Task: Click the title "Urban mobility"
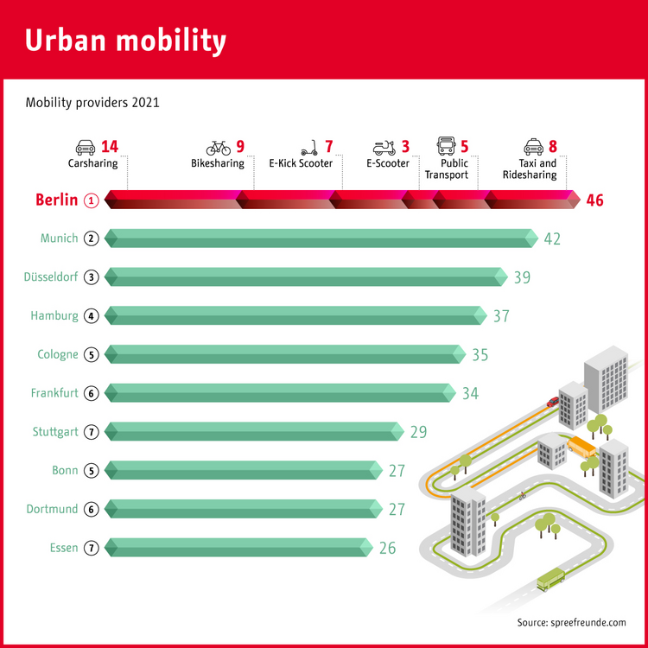tap(126, 40)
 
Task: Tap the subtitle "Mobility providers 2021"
tap(92, 103)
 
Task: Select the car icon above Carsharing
tap(86, 147)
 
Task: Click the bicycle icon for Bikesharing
tap(218, 148)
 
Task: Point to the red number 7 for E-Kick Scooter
tap(328, 147)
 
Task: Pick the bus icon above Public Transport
tap(446, 146)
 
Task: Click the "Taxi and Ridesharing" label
tap(537, 168)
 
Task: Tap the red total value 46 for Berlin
tap(594, 200)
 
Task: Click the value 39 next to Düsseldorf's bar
tap(522, 277)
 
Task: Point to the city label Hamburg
tap(54, 316)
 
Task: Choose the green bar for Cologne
tap(285, 354)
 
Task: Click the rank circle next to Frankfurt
tap(92, 393)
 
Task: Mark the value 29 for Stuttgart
tap(418, 432)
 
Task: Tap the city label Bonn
tap(65, 471)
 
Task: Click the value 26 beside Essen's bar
tap(386, 548)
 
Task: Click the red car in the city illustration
tap(552, 402)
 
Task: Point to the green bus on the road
tap(550, 579)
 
